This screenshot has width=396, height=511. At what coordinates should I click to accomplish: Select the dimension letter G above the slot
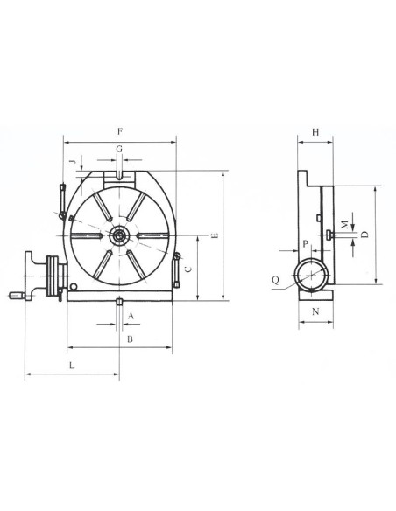pyautogui.click(x=119, y=150)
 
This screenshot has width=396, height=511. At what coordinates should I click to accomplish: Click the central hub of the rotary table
pyautogui.click(x=118, y=235)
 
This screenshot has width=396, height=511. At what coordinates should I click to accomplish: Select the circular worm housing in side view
pyautogui.click(x=312, y=276)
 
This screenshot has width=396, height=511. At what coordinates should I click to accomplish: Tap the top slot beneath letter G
pyautogui.click(x=118, y=178)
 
